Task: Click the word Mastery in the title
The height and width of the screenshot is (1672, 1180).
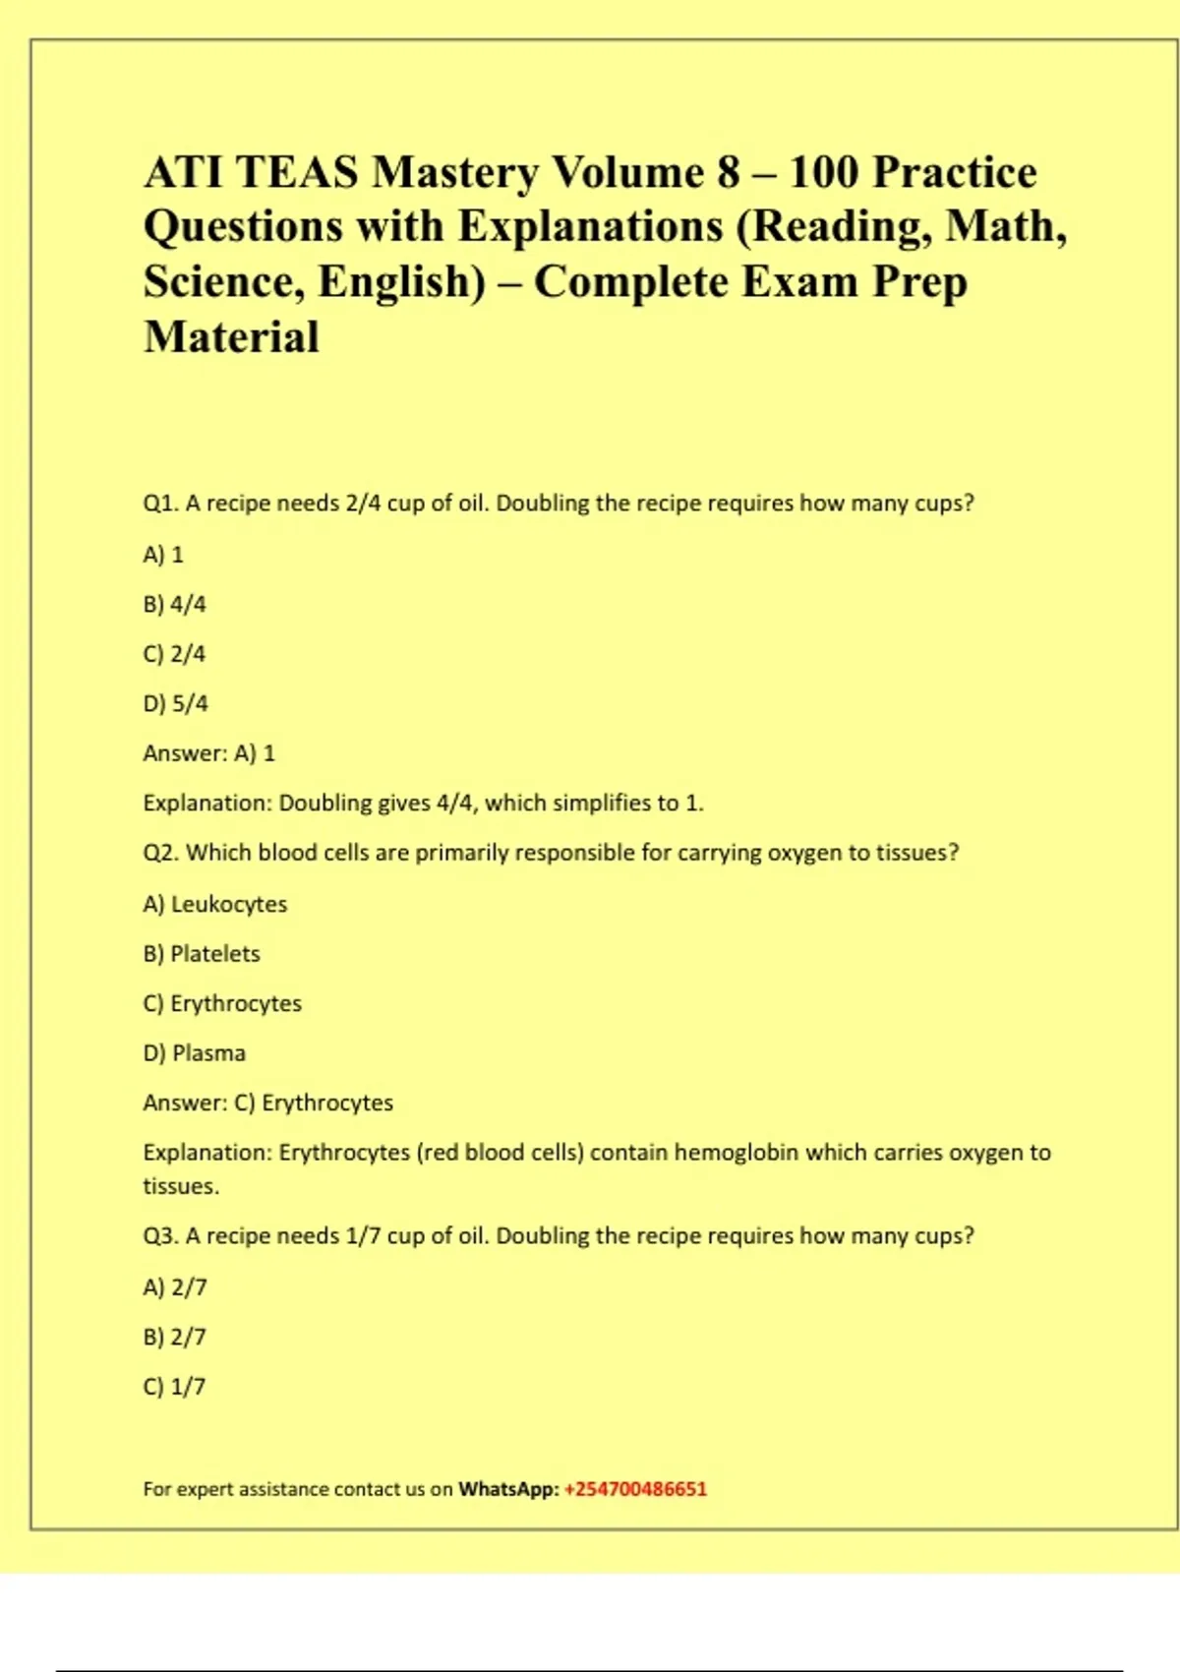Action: (x=455, y=173)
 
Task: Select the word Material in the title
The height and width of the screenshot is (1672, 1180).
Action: (x=231, y=337)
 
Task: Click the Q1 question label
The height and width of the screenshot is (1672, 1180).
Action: (x=159, y=504)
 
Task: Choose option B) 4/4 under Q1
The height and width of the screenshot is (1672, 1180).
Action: (x=175, y=604)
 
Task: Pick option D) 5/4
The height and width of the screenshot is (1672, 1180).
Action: (x=175, y=703)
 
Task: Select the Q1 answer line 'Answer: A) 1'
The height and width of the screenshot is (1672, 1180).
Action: (x=208, y=753)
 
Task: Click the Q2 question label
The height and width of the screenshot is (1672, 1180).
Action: (x=159, y=853)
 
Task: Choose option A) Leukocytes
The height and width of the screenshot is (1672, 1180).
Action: (x=215, y=904)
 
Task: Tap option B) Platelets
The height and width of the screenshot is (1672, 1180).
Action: (x=202, y=954)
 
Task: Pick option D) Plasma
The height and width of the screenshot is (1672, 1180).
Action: (x=194, y=1053)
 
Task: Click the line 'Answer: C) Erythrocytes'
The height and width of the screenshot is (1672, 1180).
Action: (x=267, y=1104)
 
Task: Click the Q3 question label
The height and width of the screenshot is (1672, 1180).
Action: (x=159, y=1236)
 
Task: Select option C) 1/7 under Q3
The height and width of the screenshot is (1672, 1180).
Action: (x=174, y=1387)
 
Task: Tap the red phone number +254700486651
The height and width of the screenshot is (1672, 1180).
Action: (x=635, y=1489)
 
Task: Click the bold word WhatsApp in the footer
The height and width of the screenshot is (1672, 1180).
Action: (x=505, y=1489)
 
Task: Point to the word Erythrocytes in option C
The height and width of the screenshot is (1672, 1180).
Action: (x=236, y=1004)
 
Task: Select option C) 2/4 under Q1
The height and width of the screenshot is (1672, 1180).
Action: (x=174, y=654)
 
